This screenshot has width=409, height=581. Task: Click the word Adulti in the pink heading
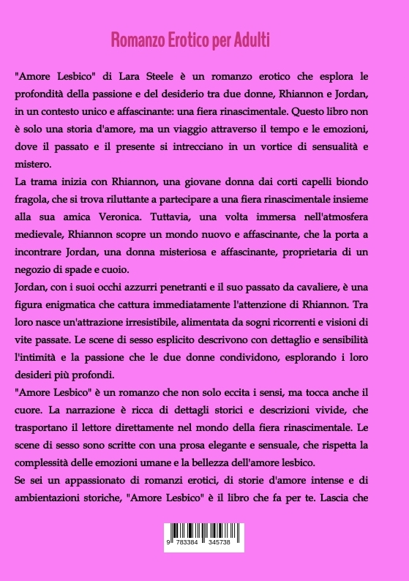(252, 40)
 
